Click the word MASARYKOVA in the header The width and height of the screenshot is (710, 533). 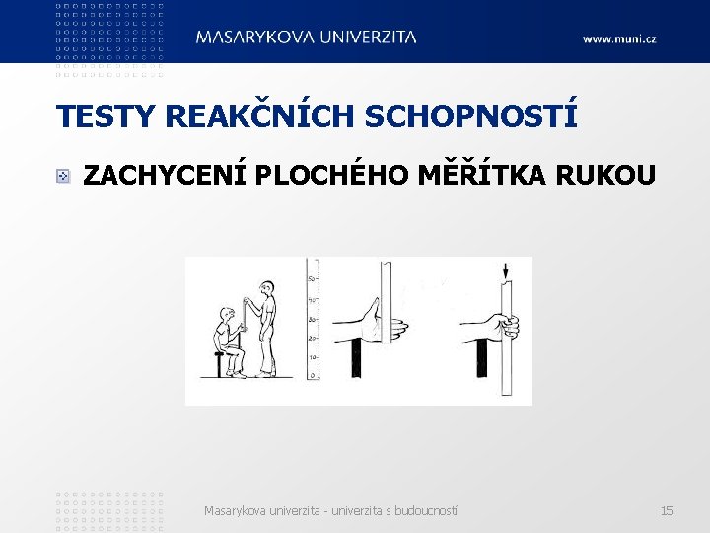[254, 37]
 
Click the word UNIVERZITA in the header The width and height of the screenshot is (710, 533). [367, 37]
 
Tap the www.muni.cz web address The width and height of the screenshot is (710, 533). [618, 38]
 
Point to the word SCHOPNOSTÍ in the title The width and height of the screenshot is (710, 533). [471, 116]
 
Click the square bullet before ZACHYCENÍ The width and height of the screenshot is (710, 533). [62, 177]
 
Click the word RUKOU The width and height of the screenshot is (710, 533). [612, 176]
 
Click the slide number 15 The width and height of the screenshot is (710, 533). [667, 510]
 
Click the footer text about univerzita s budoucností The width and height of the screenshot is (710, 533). [330, 510]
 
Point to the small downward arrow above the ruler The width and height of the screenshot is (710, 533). [505, 270]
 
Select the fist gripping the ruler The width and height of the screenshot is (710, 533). [504, 325]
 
